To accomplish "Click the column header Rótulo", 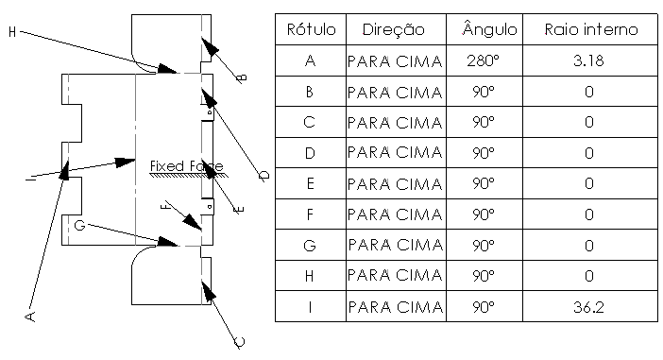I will point(310,30).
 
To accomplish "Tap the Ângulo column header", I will point(489,30).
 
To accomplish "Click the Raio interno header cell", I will point(591,30).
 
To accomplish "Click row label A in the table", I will point(310,61).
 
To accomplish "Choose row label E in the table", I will point(310,184).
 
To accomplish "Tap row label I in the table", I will point(310,307).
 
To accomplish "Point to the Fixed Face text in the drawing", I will point(185,166).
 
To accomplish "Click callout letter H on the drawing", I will point(11,32).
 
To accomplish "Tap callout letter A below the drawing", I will point(29,314).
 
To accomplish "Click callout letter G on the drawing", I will point(79,225).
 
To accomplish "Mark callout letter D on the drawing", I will point(264,175).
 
